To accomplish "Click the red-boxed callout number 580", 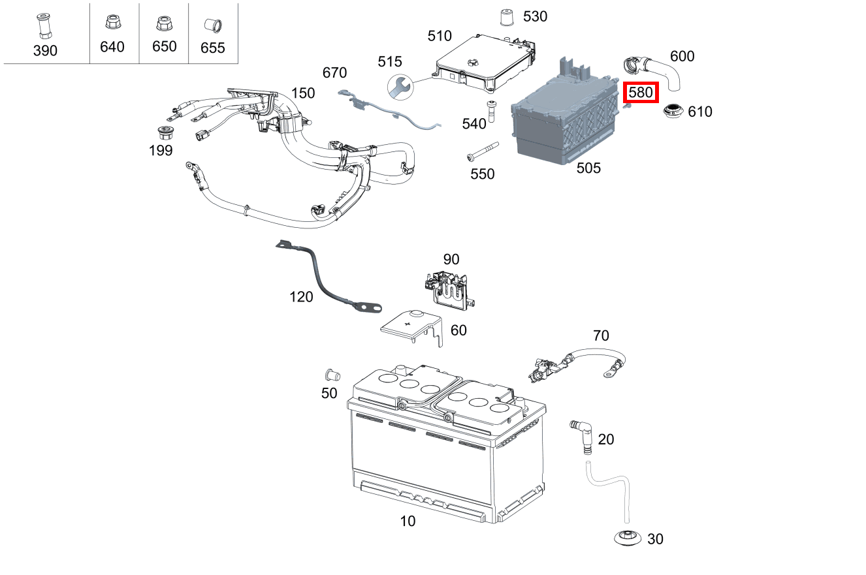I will [641, 93].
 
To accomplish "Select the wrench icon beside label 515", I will [399, 85].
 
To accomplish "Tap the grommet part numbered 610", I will [673, 112].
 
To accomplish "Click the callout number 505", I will [588, 168].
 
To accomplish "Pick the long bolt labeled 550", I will [482, 151].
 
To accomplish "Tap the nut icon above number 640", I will [111, 23].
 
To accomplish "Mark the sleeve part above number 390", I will [44, 26].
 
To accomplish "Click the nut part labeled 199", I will [167, 133].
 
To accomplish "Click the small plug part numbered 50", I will [330, 375].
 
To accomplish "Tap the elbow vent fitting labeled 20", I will [583, 434].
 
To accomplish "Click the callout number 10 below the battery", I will [408, 521].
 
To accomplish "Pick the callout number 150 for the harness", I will [303, 93].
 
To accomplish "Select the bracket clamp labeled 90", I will [449, 288].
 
